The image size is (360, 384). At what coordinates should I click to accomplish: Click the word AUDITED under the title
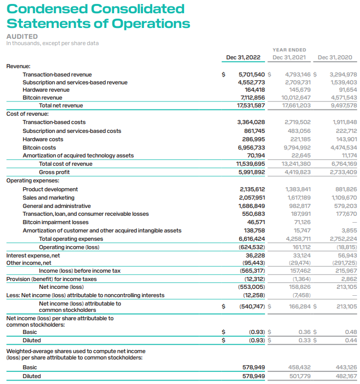coord(22,36)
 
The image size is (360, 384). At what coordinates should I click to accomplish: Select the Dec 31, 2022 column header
coord(243,57)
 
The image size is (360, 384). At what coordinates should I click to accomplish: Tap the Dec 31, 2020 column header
coord(335,57)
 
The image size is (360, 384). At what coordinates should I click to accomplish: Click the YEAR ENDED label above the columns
coord(289,50)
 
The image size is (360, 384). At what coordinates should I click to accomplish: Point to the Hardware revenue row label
coord(46,90)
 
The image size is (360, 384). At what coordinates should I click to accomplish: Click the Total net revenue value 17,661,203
coord(297,105)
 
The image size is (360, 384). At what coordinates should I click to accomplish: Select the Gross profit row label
coord(54,172)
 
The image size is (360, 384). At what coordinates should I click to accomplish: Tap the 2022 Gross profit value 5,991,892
coord(251,172)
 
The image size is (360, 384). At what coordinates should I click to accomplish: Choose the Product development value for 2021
coord(298,189)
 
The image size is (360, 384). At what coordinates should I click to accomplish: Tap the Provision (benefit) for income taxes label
coord(51,279)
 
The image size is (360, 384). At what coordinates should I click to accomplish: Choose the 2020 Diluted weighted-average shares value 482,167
coord(346,376)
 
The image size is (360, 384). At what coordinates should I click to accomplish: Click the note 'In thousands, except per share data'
coord(52,43)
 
